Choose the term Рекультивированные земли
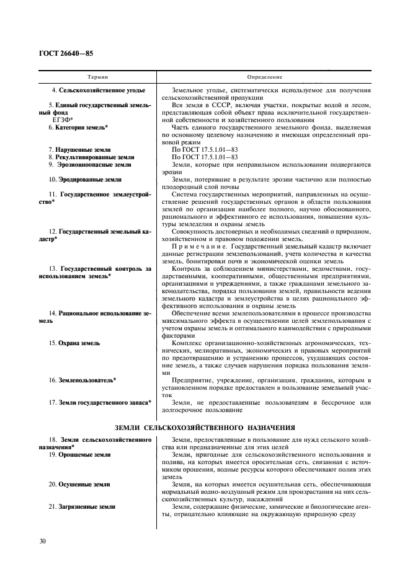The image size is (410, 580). coord(91,157)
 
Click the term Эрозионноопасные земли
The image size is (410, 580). coord(89,165)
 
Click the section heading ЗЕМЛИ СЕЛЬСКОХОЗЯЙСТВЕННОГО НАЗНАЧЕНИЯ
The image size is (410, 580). coord(205,428)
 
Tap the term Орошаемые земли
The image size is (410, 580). coord(81,455)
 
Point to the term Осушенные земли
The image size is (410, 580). coord(80,485)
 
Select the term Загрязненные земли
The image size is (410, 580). coord(82,507)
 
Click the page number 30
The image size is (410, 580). coord(43,542)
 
